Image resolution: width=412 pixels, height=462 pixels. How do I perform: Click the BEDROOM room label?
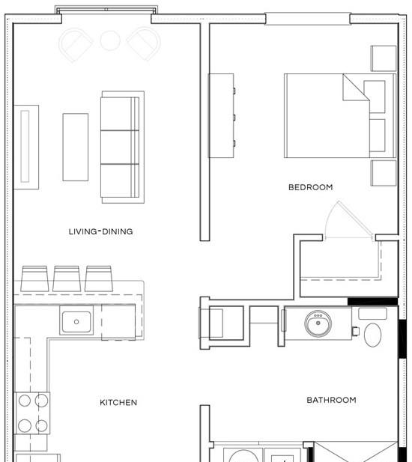point(311,187)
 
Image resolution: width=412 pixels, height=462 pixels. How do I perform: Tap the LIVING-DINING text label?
point(101,231)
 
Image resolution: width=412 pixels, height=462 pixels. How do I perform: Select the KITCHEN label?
point(118,403)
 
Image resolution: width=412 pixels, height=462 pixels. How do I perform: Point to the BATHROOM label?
point(332,400)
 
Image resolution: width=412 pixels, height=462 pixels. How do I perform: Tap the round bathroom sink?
point(318,323)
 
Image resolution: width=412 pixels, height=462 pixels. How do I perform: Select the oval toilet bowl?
point(373,335)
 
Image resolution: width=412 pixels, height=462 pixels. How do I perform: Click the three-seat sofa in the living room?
point(122,147)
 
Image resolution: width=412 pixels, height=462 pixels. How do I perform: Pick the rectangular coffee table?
point(76,147)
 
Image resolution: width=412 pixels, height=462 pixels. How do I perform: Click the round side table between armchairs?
point(110,40)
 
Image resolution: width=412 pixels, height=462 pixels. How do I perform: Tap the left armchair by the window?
point(76,45)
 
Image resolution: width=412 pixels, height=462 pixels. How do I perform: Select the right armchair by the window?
point(144,44)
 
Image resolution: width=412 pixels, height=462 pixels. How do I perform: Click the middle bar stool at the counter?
point(67,279)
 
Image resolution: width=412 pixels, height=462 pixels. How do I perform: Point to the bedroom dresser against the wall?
point(222,115)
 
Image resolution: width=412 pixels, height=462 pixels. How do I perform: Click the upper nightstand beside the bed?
point(384,58)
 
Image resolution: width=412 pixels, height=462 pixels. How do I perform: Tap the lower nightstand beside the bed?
point(384,173)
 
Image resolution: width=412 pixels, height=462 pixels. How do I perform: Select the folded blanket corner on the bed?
point(356,87)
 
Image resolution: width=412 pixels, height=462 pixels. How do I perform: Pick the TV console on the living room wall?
point(26,147)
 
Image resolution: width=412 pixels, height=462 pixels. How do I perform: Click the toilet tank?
point(372,314)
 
